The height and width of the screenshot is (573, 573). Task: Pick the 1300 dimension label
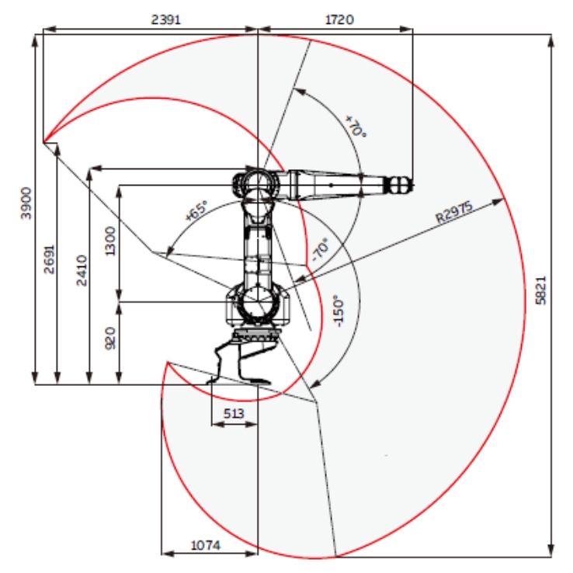(109, 241)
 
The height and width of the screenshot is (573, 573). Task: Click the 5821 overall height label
(541, 290)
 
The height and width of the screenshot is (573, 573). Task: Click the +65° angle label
(196, 212)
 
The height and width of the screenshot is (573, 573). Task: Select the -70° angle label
(319, 250)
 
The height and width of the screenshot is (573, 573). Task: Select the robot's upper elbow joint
(257, 185)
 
